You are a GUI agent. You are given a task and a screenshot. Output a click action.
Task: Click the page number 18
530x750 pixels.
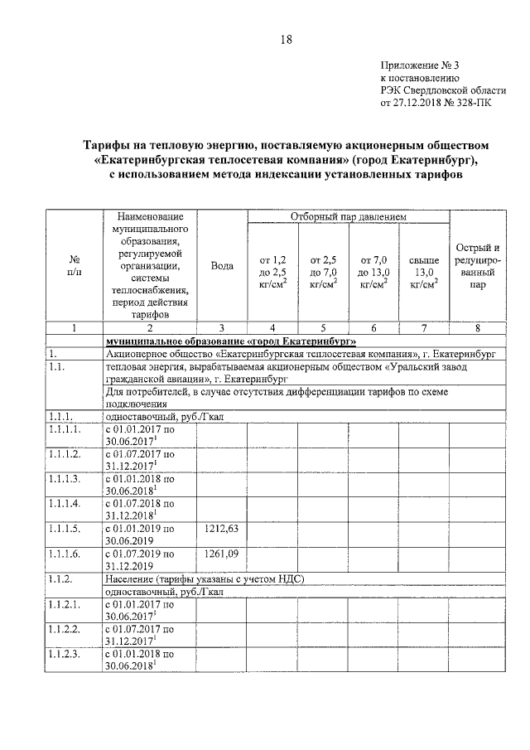(286, 39)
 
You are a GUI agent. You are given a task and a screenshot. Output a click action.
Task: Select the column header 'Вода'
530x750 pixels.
(221, 266)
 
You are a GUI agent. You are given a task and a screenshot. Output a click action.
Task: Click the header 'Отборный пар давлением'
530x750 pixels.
(349, 217)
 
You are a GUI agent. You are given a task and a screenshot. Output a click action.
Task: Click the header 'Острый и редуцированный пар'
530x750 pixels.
(478, 266)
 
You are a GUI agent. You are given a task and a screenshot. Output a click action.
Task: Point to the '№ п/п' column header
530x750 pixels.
(74, 266)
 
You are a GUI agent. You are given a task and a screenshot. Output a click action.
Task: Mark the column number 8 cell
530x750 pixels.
(478, 327)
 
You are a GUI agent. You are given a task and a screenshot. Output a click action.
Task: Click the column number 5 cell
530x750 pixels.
(323, 327)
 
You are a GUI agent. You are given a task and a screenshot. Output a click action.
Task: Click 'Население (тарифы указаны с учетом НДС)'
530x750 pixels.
(205, 578)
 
